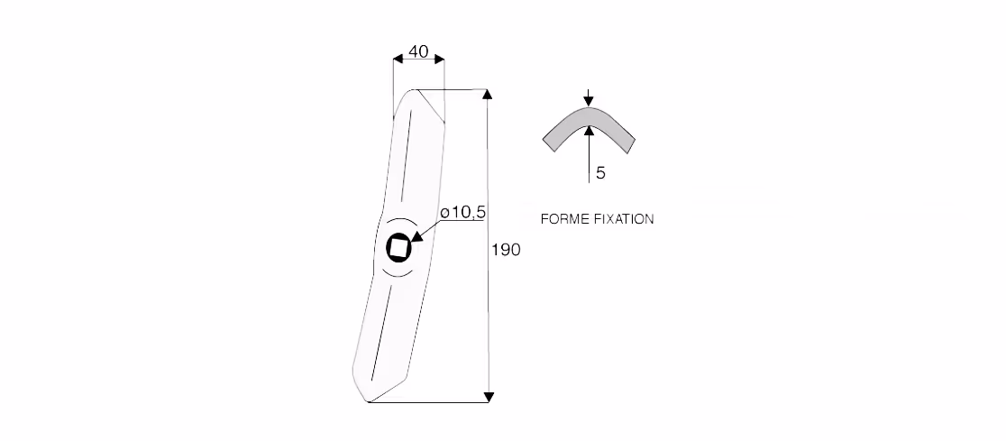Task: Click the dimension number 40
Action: [418, 51]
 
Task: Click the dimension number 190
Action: [507, 250]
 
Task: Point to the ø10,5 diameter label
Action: [462, 213]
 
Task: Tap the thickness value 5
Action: [600, 172]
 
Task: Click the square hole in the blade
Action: [398, 248]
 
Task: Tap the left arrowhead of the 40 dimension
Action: [398, 59]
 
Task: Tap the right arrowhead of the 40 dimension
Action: [439, 59]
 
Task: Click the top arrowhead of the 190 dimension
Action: [487, 95]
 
